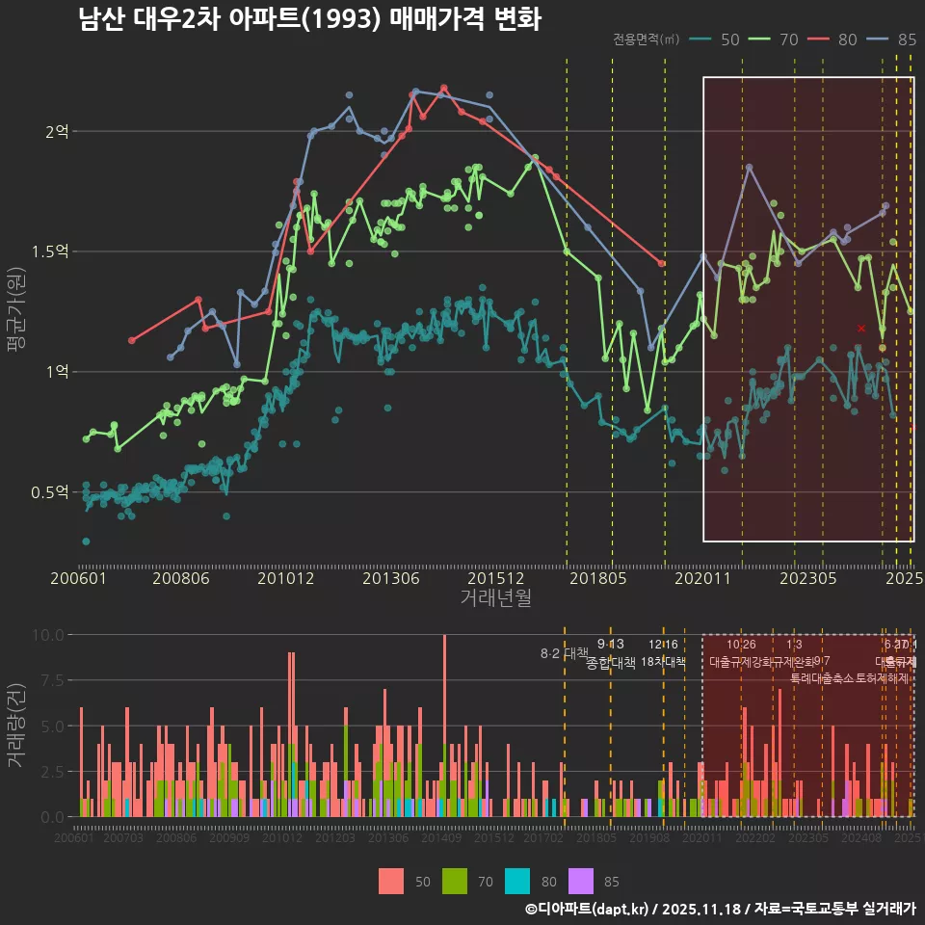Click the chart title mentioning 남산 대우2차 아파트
click(310, 20)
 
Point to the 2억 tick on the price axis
click(58, 131)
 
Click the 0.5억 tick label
click(51, 492)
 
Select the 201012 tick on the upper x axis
click(286, 579)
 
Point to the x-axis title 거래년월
click(495, 598)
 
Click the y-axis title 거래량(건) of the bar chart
click(15, 725)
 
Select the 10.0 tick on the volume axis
click(47, 635)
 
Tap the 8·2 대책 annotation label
click(564, 653)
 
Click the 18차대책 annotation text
click(663, 662)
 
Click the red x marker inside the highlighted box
click(861, 329)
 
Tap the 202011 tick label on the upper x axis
click(702, 579)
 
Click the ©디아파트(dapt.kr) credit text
click(587, 909)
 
